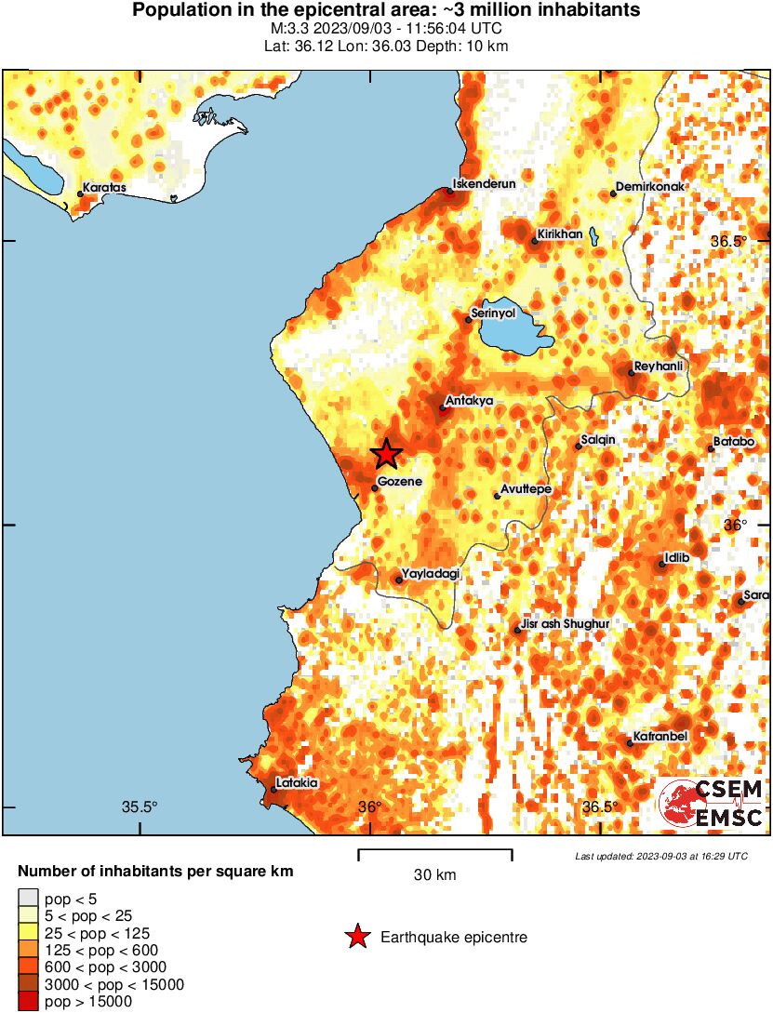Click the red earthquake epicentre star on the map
(x=387, y=454)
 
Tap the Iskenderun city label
(x=484, y=183)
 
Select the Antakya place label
(x=469, y=401)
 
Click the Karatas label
(x=104, y=187)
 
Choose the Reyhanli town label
(x=659, y=366)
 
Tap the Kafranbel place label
(x=660, y=737)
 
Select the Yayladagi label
(x=430, y=574)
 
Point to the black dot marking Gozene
(x=375, y=487)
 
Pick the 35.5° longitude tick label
(x=140, y=806)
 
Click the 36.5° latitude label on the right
(x=729, y=241)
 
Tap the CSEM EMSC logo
(x=712, y=804)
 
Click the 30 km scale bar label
(x=434, y=874)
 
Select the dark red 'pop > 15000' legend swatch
(x=29, y=1001)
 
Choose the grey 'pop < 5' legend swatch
(x=29, y=899)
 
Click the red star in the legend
(x=357, y=937)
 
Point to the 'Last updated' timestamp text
(x=660, y=856)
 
